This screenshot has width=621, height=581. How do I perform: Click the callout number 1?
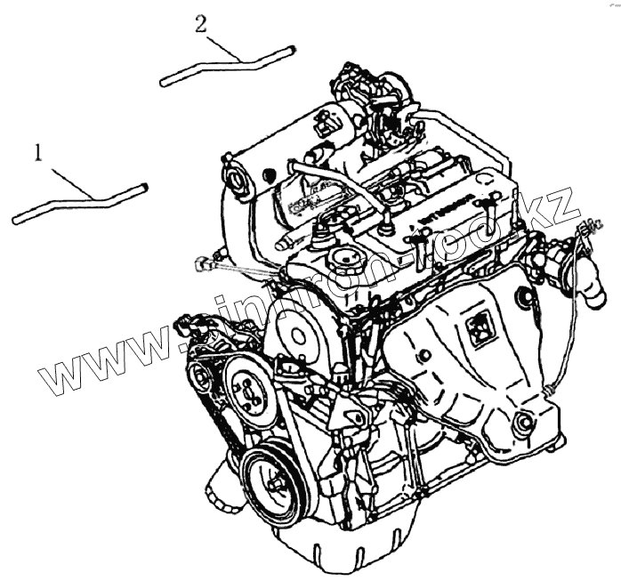(38, 153)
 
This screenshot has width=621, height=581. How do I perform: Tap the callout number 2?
(201, 23)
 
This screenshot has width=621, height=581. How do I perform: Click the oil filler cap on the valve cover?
(342, 262)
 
